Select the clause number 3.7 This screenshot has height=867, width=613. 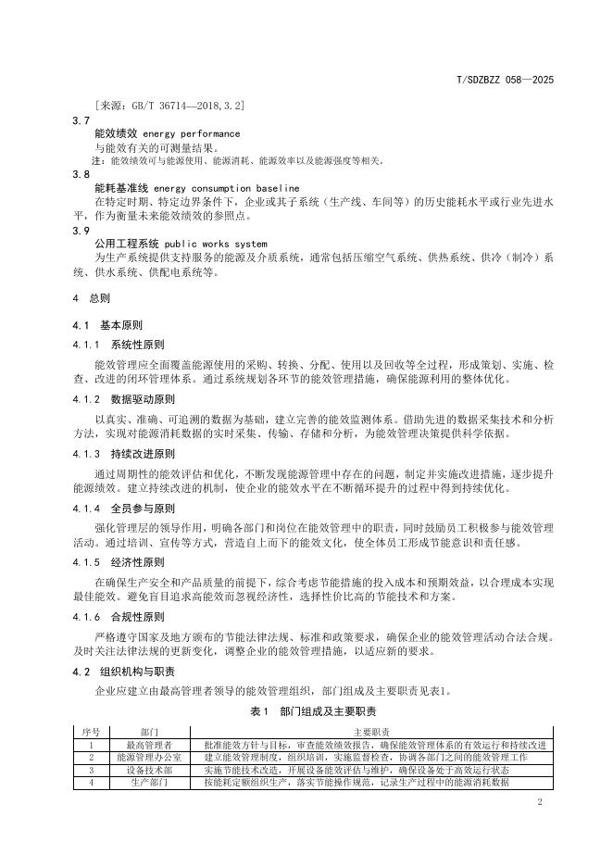click(x=81, y=120)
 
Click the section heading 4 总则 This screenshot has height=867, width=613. click(x=91, y=299)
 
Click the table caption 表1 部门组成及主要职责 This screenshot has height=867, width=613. click(x=313, y=711)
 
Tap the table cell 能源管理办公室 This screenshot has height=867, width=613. click(x=150, y=757)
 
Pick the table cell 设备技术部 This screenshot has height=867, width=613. click(x=150, y=769)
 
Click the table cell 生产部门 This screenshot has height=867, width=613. click(x=150, y=782)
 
